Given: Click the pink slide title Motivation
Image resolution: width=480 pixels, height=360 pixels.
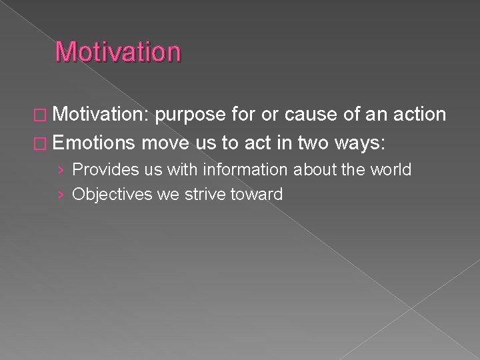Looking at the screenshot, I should click(118, 52).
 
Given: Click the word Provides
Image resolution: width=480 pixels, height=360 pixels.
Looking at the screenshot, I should click(102, 169).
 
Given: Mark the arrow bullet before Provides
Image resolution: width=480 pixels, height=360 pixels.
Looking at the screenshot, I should click(61, 170).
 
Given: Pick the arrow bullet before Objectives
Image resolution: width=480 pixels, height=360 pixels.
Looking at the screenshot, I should click(61, 195).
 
